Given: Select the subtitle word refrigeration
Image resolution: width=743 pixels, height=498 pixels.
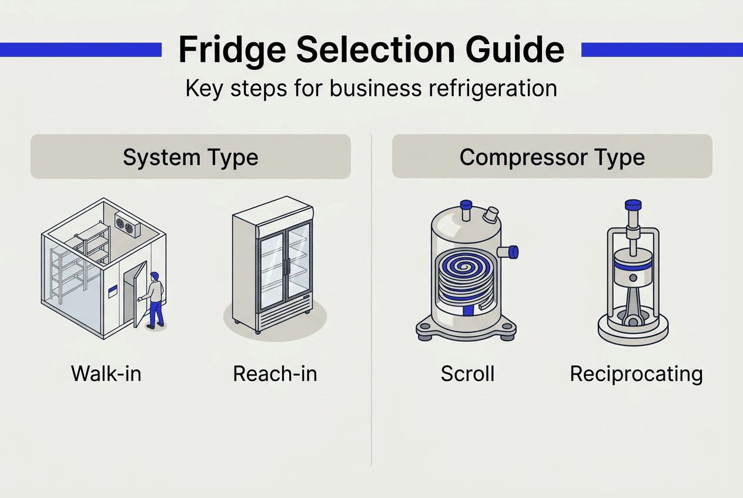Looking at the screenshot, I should pos(487,88).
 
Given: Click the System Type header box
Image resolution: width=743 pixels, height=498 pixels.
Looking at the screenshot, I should pos(190,157).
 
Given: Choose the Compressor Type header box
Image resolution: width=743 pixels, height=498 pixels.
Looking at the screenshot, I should pos(552,157).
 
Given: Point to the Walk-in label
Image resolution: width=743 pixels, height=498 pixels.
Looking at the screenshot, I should pos(106,373).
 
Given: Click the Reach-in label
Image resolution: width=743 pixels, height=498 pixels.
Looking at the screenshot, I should pos(275,373).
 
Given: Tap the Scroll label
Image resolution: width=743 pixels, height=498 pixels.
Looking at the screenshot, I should pos(467,373).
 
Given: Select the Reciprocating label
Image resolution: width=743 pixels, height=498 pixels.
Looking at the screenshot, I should pos(636,373).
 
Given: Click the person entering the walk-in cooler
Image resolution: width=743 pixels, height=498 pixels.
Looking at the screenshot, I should pos(155,298).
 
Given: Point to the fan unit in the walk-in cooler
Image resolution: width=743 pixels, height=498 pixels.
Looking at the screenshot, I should pos(127,224).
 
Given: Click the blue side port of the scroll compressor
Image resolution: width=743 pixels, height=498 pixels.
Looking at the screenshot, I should pos(512,252).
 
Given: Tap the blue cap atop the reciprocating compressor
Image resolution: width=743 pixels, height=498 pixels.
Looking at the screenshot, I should pos(633,206).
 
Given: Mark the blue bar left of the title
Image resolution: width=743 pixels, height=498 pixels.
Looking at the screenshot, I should pos(81,49).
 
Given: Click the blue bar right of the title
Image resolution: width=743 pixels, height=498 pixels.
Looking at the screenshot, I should pos(662,49).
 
